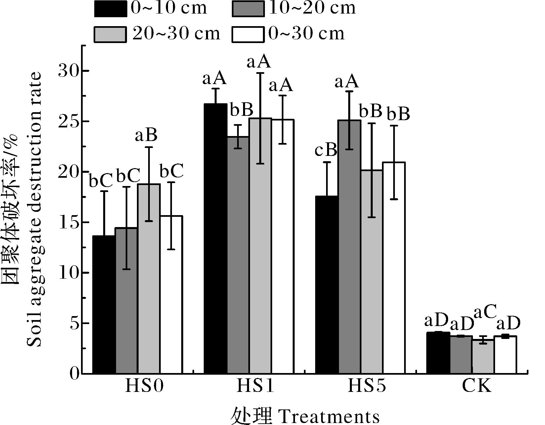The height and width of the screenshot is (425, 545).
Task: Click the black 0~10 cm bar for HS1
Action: click(216, 238)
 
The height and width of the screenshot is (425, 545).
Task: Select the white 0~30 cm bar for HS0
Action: click(171, 295)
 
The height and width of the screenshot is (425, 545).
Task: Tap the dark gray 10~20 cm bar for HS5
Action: click(350, 247)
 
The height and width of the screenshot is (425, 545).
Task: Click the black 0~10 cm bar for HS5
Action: click(327, 285)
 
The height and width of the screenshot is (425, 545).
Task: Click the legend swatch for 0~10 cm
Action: click(110, 8)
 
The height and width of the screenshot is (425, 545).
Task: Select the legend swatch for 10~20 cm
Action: click(248, 8)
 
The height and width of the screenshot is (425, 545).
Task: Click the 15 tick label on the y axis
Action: click(69, 222)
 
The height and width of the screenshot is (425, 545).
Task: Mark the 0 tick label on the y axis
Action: click(75, 374)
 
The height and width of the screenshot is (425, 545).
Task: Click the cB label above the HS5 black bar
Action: click(326, 151)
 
